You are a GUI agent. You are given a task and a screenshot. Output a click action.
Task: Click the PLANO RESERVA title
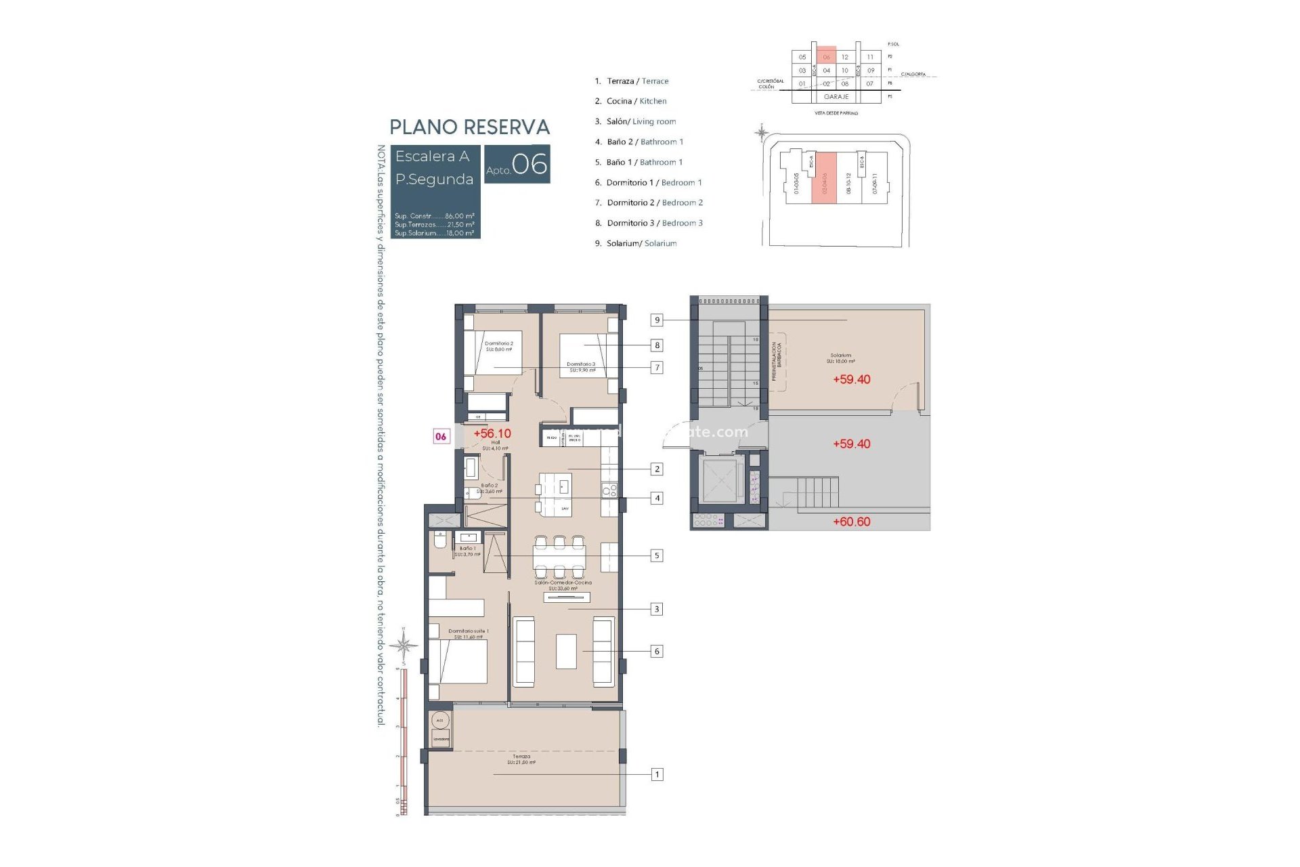(x=469, y=127)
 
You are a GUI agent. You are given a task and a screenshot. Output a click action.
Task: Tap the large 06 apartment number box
(x=517, y=164)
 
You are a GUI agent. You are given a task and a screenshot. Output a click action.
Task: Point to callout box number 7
(x=656, y=368)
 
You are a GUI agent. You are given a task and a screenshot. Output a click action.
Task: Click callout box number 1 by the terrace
(x=656, y=774)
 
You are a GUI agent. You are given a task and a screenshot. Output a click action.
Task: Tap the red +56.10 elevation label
(x=492, y=433)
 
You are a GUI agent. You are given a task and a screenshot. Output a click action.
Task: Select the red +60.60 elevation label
(x=851, y=522)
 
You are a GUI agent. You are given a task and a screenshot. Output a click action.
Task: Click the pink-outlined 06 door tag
(x=441, y=437)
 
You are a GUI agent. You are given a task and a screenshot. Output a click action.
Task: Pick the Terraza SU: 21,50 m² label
(x=521, y=759)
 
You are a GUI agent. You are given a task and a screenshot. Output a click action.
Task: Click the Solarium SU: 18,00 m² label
(x=840, y=358)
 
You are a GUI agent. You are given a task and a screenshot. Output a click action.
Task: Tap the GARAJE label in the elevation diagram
(x=836, y=97)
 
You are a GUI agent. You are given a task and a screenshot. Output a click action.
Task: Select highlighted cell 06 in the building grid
(x=826, y=57)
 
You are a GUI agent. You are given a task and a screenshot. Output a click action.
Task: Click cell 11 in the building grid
(x=870, y=57)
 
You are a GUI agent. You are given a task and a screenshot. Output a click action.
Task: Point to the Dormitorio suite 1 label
(x=468, y=633)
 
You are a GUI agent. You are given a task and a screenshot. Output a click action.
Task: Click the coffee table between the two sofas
(x=566, y=651)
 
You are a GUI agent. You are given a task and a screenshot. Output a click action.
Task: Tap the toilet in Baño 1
(x=440, y=542)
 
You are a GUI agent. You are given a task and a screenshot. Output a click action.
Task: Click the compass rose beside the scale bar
(x=404, y=645)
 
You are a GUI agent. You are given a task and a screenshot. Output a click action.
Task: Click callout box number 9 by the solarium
(x=656, y=320)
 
